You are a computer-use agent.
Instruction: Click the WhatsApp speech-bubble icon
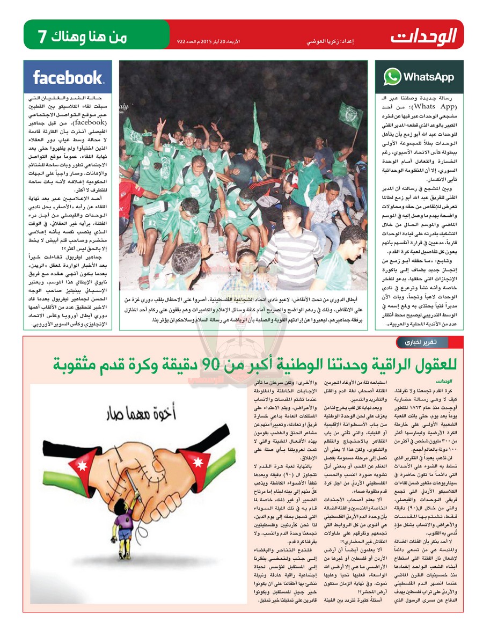coord(392,77)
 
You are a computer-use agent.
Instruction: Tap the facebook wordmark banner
coord(68,78)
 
